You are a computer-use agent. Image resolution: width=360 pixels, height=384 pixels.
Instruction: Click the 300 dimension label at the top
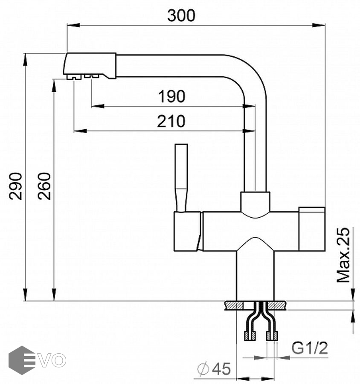coord(181,15)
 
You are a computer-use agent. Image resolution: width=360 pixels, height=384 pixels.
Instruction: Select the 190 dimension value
coord(171,97)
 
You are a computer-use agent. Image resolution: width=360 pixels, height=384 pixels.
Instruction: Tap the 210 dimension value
coord(171,122)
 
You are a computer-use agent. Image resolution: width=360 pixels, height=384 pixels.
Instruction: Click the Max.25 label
coord(343,255)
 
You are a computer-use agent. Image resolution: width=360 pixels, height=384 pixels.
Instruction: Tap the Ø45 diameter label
coord(215,368)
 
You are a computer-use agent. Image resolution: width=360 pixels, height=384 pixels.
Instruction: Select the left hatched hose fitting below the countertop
coord(248,336)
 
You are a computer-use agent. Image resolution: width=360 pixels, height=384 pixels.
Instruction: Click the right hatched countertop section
coord(279,305)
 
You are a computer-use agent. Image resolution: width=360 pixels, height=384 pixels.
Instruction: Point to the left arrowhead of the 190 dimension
coord(95,106)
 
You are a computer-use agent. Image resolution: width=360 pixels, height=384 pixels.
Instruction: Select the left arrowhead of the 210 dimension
coord(77,131)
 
